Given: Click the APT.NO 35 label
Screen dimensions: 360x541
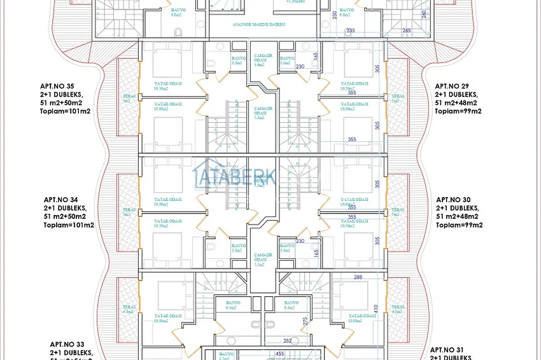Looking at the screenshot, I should [57, 86].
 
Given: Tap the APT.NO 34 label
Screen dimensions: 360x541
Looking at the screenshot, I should [60, 199].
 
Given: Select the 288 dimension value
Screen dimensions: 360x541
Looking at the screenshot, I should [358, 277].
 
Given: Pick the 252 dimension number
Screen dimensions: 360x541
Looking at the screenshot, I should [288, 341].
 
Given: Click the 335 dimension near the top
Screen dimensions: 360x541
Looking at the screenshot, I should [349, 31].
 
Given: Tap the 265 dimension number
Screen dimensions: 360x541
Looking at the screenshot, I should [407, 31].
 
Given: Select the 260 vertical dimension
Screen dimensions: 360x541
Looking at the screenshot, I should [424, 14].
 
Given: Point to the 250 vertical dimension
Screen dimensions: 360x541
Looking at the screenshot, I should [335, 15].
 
